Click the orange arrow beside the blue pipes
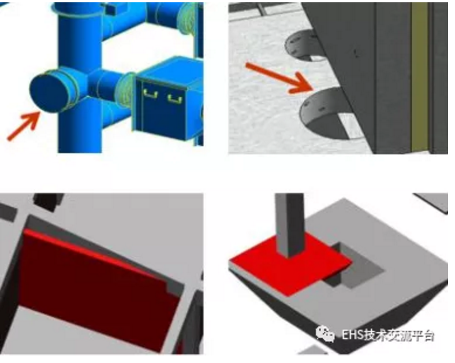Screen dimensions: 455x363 pos(24,126)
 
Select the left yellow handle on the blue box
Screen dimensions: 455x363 pos(150,94)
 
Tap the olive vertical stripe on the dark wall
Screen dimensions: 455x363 pos(420,76)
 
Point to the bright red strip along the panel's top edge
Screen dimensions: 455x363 pos(96,253)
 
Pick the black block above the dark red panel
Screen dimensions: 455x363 pos(48,202)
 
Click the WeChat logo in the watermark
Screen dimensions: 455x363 pos(325,334)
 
